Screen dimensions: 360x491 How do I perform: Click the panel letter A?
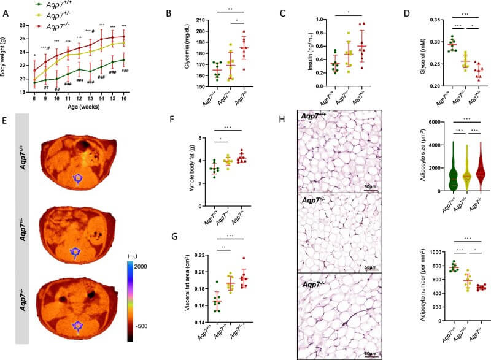point(6,11)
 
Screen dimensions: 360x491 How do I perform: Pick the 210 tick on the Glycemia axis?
point(199,20)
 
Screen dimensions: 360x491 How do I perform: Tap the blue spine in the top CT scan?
point(79,178)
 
